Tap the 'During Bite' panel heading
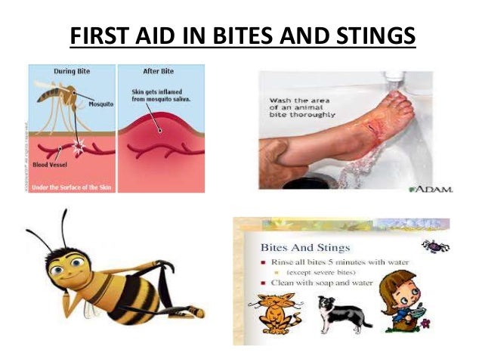click(73, 71)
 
